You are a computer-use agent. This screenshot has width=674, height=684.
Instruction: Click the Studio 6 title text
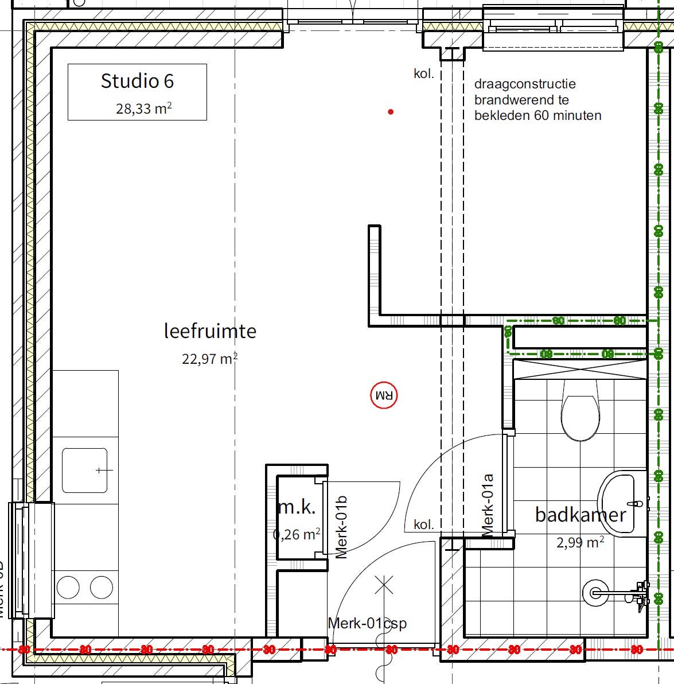coord(137,81)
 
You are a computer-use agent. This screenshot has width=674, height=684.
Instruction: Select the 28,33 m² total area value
coord(143,108)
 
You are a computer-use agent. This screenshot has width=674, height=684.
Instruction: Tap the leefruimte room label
coord(210,331)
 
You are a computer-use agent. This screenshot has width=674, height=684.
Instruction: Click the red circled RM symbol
coord(384,395)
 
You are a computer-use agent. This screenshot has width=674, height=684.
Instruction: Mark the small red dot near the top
coord(391,112)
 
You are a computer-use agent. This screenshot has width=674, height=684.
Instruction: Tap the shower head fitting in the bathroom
coord(597,593)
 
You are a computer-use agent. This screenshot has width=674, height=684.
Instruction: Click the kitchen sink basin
coord(85,471)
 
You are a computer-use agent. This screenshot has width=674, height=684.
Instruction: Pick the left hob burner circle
coord(68,588)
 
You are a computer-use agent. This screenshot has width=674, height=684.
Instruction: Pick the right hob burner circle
coord(102,588)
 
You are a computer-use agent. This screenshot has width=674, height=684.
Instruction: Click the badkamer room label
coord(580,514)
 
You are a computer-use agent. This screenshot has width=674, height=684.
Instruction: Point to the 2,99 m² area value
coord(579,542)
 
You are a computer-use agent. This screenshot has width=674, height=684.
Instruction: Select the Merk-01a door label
coord(488,505)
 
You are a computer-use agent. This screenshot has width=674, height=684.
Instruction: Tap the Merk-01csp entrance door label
coord(367,623)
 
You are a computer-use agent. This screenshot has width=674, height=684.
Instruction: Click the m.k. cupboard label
coord(297,507)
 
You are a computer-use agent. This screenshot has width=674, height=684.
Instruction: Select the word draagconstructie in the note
coord(525,84)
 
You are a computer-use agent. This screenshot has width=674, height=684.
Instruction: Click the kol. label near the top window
coord(424,73)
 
